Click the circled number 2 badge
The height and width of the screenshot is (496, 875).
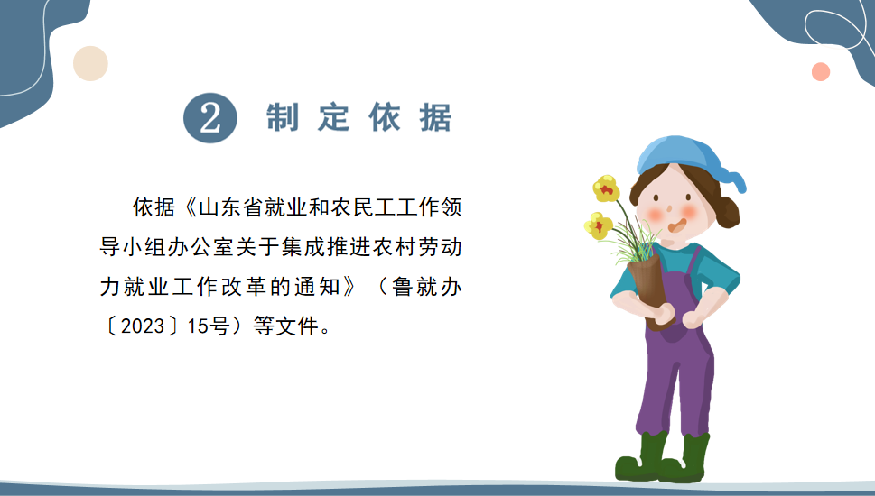pyautogui.click(x=210, y=117)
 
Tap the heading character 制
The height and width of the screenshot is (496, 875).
pyautogui.click(x=283, y=117)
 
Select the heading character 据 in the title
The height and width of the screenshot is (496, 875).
pyautogui.click(x=436, y=118)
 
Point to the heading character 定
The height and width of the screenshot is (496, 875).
pyautogui.click(x=334, y=117)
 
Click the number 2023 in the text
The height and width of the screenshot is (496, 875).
pyautogui.click(x=143, y=326)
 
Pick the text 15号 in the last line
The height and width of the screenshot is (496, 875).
pyautogui.click(x=209, y=326)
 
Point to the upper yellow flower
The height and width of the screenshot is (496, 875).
pyautogui.click(x=606, y=188)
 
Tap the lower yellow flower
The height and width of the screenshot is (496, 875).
pyautogui.click(x=598, y=225)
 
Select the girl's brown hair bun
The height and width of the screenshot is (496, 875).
pyautogui.click(x=727, y=212)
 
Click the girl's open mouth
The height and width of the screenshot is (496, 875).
pyautogui.click(x=677, y=225)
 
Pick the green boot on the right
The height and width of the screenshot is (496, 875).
pyautogui.click(x=685, y=459)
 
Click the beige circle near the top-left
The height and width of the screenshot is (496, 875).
pyautogui.click(x=90, y=63)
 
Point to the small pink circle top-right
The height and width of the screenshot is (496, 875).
pyautogui.click(x=820, y=72)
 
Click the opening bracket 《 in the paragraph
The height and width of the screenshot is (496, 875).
pyautogui.click(x=190, y=207)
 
